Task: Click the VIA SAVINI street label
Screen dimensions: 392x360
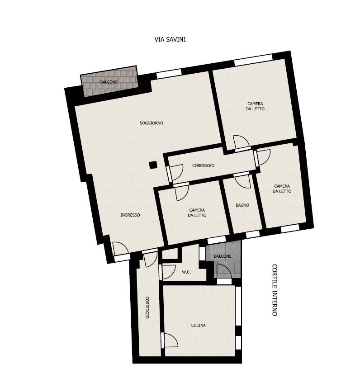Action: click(x=170, y=39)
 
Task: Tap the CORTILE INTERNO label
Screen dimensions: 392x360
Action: click(x=275, y=290)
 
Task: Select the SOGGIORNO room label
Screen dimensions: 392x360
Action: click(x=151, y=123)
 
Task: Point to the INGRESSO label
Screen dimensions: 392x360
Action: click(x=130, y=215)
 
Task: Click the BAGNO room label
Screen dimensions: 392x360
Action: click(x=242, y=205)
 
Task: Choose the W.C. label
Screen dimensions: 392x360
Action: click(x=186, y=272)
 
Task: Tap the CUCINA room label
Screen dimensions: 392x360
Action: click(x=198, y=325)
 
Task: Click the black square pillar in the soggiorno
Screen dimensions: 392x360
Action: click(x=153, y=165)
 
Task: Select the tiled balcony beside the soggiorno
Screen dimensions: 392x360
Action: click(x=109, y=82)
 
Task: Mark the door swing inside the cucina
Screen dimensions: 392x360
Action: click(x=171, y=340)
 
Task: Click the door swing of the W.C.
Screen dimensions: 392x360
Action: click(x=168, y=271)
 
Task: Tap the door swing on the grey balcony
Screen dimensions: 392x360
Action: click(x=224, y=271)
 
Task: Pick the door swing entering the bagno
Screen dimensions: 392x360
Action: click(x=243, y=181)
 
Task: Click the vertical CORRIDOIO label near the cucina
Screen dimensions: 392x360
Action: click(x=147, y=308)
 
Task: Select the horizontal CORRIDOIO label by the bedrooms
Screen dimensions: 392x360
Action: click(x=203, y=165)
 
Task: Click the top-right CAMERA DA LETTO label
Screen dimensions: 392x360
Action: click(x=255, y=106)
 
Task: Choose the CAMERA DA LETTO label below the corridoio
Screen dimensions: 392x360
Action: click(x=197, y=213)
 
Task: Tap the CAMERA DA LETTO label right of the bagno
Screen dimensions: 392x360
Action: click(x=282, y=189)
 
